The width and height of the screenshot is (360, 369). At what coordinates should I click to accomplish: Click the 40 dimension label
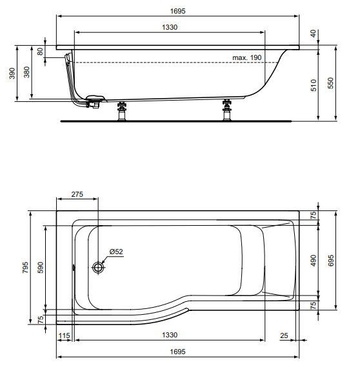(313, 34)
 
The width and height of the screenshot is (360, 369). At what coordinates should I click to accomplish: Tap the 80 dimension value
(40, 52)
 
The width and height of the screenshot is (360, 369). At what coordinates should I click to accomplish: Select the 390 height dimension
(12, 74)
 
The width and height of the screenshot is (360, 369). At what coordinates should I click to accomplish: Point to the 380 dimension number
(27, 72)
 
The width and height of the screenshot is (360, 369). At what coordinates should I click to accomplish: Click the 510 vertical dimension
(314, 85)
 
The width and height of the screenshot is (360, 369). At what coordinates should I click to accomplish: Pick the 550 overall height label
(330, 83)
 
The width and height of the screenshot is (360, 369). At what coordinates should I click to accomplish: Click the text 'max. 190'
(247, 57)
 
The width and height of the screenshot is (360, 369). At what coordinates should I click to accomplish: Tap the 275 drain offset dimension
(77, 194)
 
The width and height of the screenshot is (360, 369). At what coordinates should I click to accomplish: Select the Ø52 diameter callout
(116, 252)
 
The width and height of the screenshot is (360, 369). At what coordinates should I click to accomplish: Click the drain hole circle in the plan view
(98, 267)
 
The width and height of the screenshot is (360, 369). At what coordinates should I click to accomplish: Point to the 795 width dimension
(25, 267)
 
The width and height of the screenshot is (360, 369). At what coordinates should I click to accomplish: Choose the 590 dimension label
(40, 267)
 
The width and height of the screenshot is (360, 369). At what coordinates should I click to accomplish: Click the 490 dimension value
(314, 261)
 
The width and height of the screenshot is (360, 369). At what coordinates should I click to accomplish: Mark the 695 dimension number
(330, 261)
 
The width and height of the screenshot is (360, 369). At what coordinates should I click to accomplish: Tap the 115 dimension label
(64, 335)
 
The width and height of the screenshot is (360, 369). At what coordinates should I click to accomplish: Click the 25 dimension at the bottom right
(284, 335)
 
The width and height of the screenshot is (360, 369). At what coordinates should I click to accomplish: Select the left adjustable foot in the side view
(122, 111)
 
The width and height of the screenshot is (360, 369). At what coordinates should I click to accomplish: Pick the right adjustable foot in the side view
(227, 110)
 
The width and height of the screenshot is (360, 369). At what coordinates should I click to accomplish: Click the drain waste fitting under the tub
(94, 102)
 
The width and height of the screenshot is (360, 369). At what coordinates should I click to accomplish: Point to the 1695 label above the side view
(177, 11)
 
